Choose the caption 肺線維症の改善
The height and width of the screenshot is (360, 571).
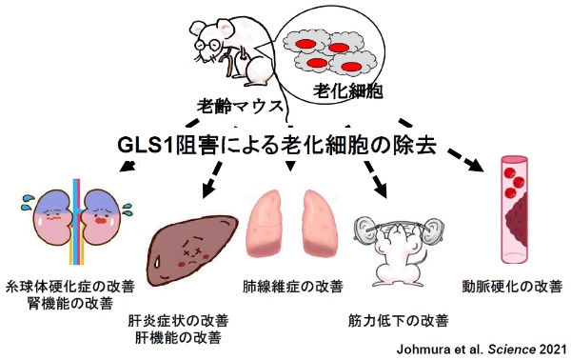293,285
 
